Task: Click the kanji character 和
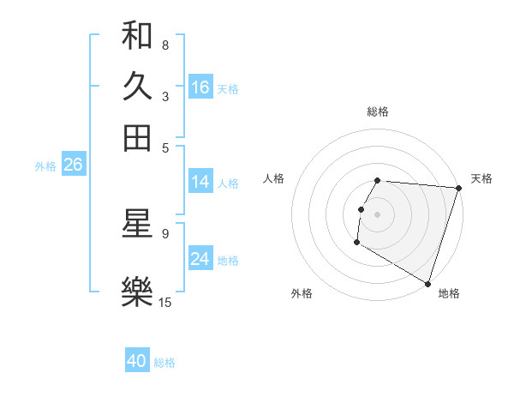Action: tap(137, 36)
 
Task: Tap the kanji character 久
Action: tap(137, 87)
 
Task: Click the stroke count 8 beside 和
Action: tap(164, 45)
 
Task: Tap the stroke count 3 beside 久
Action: tap(164, 96)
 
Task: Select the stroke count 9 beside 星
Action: tap(164, 232)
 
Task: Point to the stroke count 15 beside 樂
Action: tap(165, 302)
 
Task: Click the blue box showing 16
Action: tap(200, 87)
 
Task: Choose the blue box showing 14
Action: tap(200, 182)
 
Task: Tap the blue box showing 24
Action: tap(200, 259)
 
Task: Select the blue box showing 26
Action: tap(73, 165)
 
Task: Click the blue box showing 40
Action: tap(137, 361)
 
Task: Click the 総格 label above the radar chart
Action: tap(377, 111)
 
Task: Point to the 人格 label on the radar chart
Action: tap(273, 178)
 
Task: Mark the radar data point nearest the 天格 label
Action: tap(459, 189)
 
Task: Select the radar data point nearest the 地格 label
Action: tap(427, 283)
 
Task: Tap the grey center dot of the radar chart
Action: tap(377, 214)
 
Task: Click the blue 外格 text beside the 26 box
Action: tap(45, 166)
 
